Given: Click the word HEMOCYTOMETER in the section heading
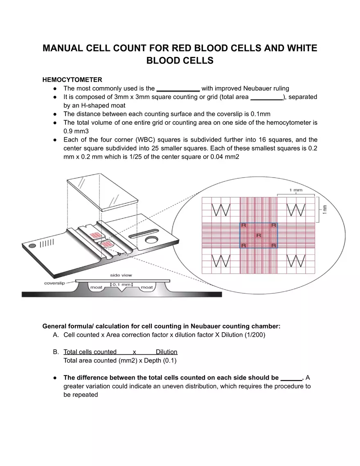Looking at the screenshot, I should [72, 79].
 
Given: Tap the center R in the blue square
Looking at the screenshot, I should [258, 235].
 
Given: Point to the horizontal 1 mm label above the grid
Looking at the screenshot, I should [296, 190].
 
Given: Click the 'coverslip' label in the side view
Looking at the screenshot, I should [54, 283].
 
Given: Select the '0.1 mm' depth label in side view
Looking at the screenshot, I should [122, 284].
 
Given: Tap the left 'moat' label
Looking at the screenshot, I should [96, 288].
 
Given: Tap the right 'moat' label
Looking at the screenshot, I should [146, 288].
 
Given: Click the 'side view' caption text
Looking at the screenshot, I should [121, 275].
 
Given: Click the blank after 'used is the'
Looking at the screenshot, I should [178, 89].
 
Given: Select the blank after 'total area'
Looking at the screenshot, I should [266, 97].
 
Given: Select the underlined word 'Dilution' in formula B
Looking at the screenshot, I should [166, 352].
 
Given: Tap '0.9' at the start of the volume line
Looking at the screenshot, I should [68, 131].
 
